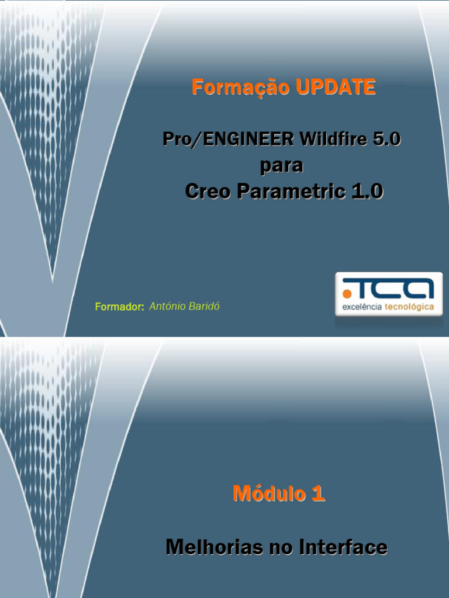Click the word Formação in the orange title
[240, 88]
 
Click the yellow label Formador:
[119, 307]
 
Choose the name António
[167, 307]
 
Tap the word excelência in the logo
[362, 307]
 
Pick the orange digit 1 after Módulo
[318, 494]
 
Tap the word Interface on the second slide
[343, 548]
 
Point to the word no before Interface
[282, 548]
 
